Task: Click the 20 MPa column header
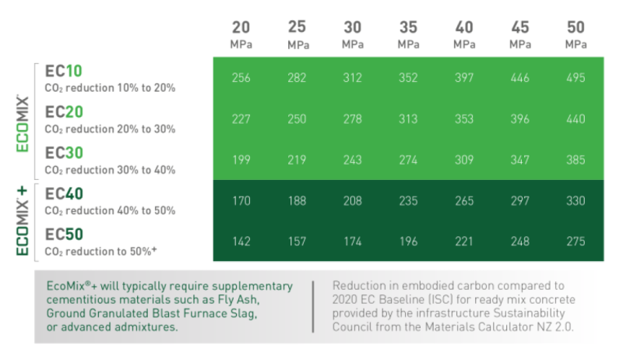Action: coord(241,35)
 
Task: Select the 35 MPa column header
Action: coord(408,35)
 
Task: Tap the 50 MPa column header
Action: coord(575,35)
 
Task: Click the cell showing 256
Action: coord(241,78)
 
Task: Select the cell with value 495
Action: coord(575,78)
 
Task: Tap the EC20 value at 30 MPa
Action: coord(352,118)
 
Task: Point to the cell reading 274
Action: coord(408,159)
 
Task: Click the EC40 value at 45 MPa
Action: coord(519,200)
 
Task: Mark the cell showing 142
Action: coord(241,241)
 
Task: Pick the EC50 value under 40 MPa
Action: coord(464,241)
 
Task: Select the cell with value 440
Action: coord(575,118)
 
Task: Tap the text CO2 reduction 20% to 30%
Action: coord(110,129)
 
